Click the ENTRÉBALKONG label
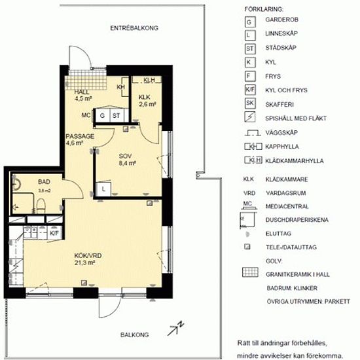(x=134, y=28)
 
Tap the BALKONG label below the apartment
(x=135, y=334)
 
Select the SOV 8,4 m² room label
(x=127, y=160)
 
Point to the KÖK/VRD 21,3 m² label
(x=88, y=259)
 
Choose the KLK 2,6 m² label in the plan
(x=147, y=101)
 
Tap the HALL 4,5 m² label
(x=83, y=96)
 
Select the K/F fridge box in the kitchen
(x=54, y=233)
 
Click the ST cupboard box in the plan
(x=116, y=115)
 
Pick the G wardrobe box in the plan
(x=102, y=115)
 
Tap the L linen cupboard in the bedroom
(x=103, y=189)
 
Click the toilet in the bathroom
(x=41, y=206)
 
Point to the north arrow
(x=175, y=329)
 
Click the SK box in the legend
(x=250, y=103)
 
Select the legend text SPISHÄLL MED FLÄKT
(x=296, y=118)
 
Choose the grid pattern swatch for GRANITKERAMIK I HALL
(x=250, y=272)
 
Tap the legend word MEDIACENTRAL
(x=287, y=206)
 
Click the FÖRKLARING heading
(x=264, y=9)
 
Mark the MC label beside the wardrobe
(x=86, y=115)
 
